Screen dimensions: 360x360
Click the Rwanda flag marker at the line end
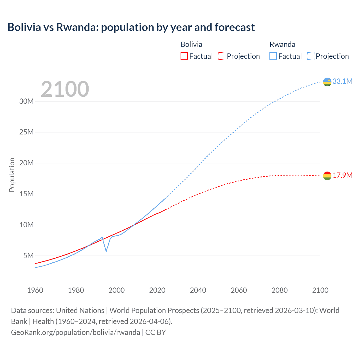point(327,82)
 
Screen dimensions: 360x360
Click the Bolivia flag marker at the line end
point(327,176)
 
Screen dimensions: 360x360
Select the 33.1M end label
point(342,81)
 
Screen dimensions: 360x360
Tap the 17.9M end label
point(342,175)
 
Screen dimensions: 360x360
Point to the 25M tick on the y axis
point(26,132)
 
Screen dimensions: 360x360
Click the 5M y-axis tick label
point(28,256)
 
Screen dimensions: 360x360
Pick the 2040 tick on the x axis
point(198,290)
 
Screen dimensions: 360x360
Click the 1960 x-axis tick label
point(35,290)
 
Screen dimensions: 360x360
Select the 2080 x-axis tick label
point(280,290)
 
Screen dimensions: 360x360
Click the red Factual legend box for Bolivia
point(184,56)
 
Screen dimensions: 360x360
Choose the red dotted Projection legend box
point(222,56)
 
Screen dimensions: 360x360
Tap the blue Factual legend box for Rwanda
point(273,56)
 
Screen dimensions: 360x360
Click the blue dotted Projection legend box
point(310,56)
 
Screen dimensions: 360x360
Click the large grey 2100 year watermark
point(65,89)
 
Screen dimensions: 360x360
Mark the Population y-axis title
point(12,175)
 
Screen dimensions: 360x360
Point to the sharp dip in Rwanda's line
point(106,251)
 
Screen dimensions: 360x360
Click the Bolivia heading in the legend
point(191,44)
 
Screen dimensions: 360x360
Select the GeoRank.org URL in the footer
point(75,332)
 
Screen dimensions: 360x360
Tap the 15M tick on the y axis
point(26,194)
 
